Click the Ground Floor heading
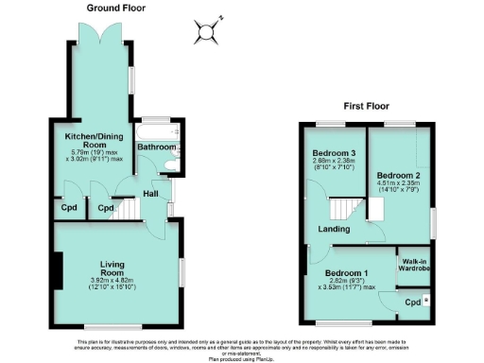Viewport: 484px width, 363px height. click(x=114, y=8)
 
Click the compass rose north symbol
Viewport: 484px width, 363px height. click(x=206, y=32)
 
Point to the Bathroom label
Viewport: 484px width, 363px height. click(x=156, y=148)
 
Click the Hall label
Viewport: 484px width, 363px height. click(x=150, y=194)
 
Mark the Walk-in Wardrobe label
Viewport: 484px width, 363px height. click(x=416, y=266)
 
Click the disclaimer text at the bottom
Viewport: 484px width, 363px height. click(x=242, y=348)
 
